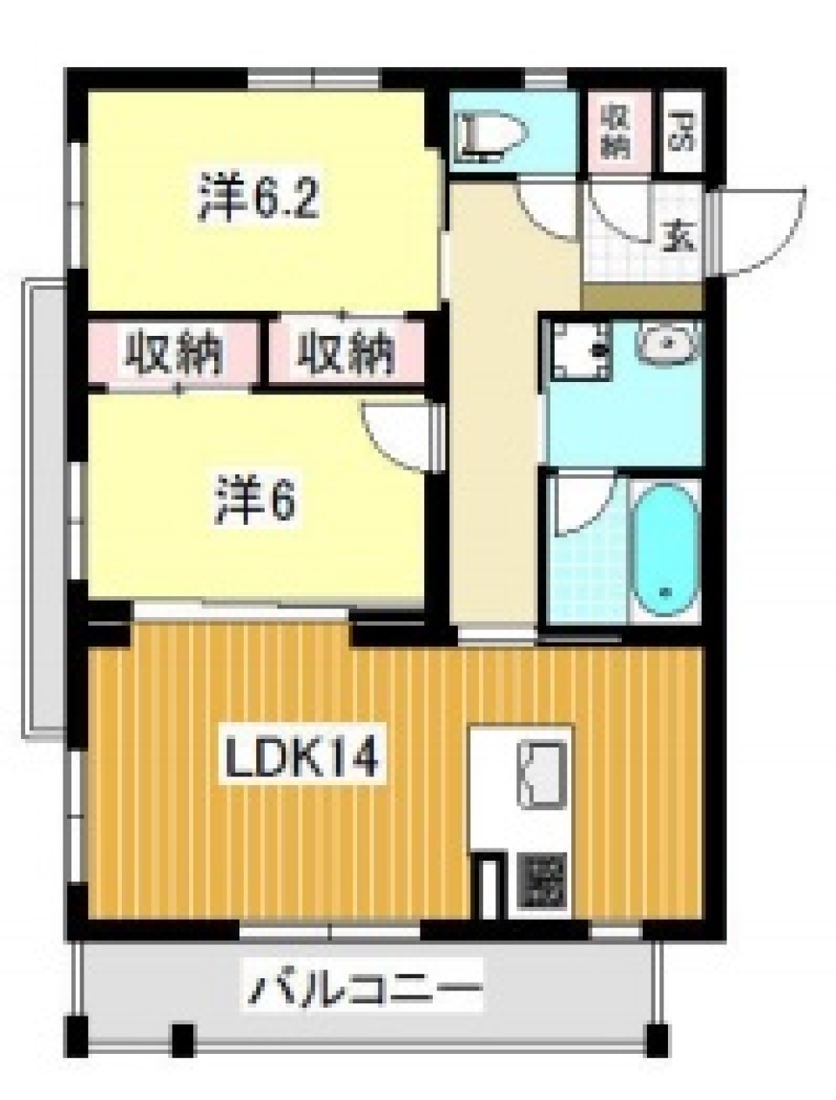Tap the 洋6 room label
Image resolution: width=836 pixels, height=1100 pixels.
254,502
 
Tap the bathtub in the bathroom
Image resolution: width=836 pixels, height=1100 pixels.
664,550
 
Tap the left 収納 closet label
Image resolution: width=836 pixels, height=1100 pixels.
173,353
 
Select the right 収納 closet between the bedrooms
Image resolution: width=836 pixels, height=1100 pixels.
346,353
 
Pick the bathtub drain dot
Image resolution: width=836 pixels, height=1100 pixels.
666,592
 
